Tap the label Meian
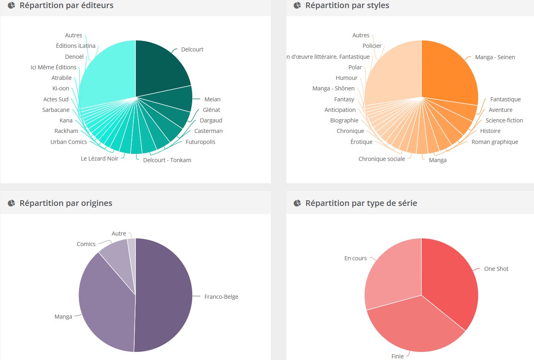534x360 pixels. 212,99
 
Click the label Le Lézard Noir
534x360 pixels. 99,159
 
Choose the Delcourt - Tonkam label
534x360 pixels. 167,160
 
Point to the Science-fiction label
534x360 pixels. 504,120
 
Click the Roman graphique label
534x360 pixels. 495,142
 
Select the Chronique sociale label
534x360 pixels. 382,159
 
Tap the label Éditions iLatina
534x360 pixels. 75,46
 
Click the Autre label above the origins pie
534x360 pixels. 119,234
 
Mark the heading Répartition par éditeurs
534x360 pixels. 66,5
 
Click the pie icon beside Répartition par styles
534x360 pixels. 297,5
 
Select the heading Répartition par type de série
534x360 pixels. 361,203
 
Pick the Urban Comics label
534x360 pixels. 69,142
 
